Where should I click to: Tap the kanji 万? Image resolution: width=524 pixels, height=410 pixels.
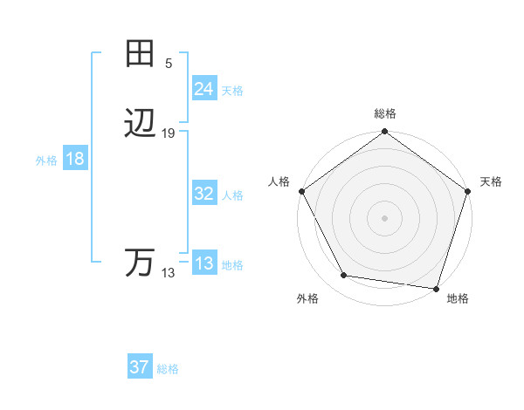140,263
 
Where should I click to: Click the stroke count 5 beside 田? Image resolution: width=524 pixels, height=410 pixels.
169,63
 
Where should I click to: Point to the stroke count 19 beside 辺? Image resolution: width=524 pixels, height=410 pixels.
169,133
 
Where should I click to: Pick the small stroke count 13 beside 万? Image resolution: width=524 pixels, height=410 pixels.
169,272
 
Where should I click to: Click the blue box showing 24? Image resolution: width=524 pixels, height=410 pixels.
203,88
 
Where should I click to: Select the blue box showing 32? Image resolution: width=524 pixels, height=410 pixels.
203,194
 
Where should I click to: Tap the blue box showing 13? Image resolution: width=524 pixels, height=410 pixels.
203,263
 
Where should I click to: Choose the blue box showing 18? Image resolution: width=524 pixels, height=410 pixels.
75,159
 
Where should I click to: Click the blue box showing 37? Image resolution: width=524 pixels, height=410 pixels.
140,367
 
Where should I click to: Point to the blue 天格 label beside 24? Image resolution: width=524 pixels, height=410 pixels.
232,90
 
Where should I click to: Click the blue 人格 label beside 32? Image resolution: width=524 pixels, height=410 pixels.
232,195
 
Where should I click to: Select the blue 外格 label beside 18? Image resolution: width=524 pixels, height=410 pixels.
46,161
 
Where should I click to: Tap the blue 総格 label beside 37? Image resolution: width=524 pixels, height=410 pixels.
168,369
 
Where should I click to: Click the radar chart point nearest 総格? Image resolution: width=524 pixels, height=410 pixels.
384,133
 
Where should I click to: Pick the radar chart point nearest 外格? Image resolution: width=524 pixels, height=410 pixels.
344,276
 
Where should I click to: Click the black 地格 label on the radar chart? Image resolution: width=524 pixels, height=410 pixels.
458,298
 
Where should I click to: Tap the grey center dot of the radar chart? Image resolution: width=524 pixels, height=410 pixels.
384,217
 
